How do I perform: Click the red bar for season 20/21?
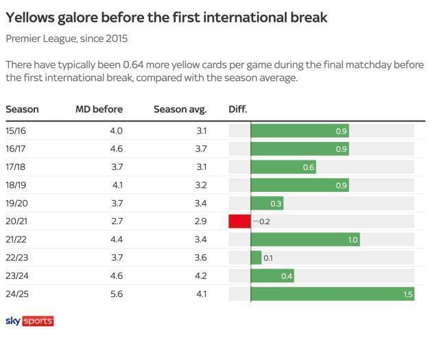(239, 221)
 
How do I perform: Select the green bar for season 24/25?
(333, 294)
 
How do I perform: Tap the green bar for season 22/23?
(256, 258)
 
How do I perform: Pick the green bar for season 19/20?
(267, 204)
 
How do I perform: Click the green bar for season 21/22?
(305, 240)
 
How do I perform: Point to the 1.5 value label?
(407, 294)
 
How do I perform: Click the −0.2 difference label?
(261, 221)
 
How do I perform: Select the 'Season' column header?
(22, 109)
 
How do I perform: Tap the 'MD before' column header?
(99, 109)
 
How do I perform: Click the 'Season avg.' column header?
(180, 109)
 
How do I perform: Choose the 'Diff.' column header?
(237, 109)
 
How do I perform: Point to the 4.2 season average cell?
(200, 276)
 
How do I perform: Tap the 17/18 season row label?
(16, 167)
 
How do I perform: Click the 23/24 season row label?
(16, 276)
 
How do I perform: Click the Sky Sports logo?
(29, 321)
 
